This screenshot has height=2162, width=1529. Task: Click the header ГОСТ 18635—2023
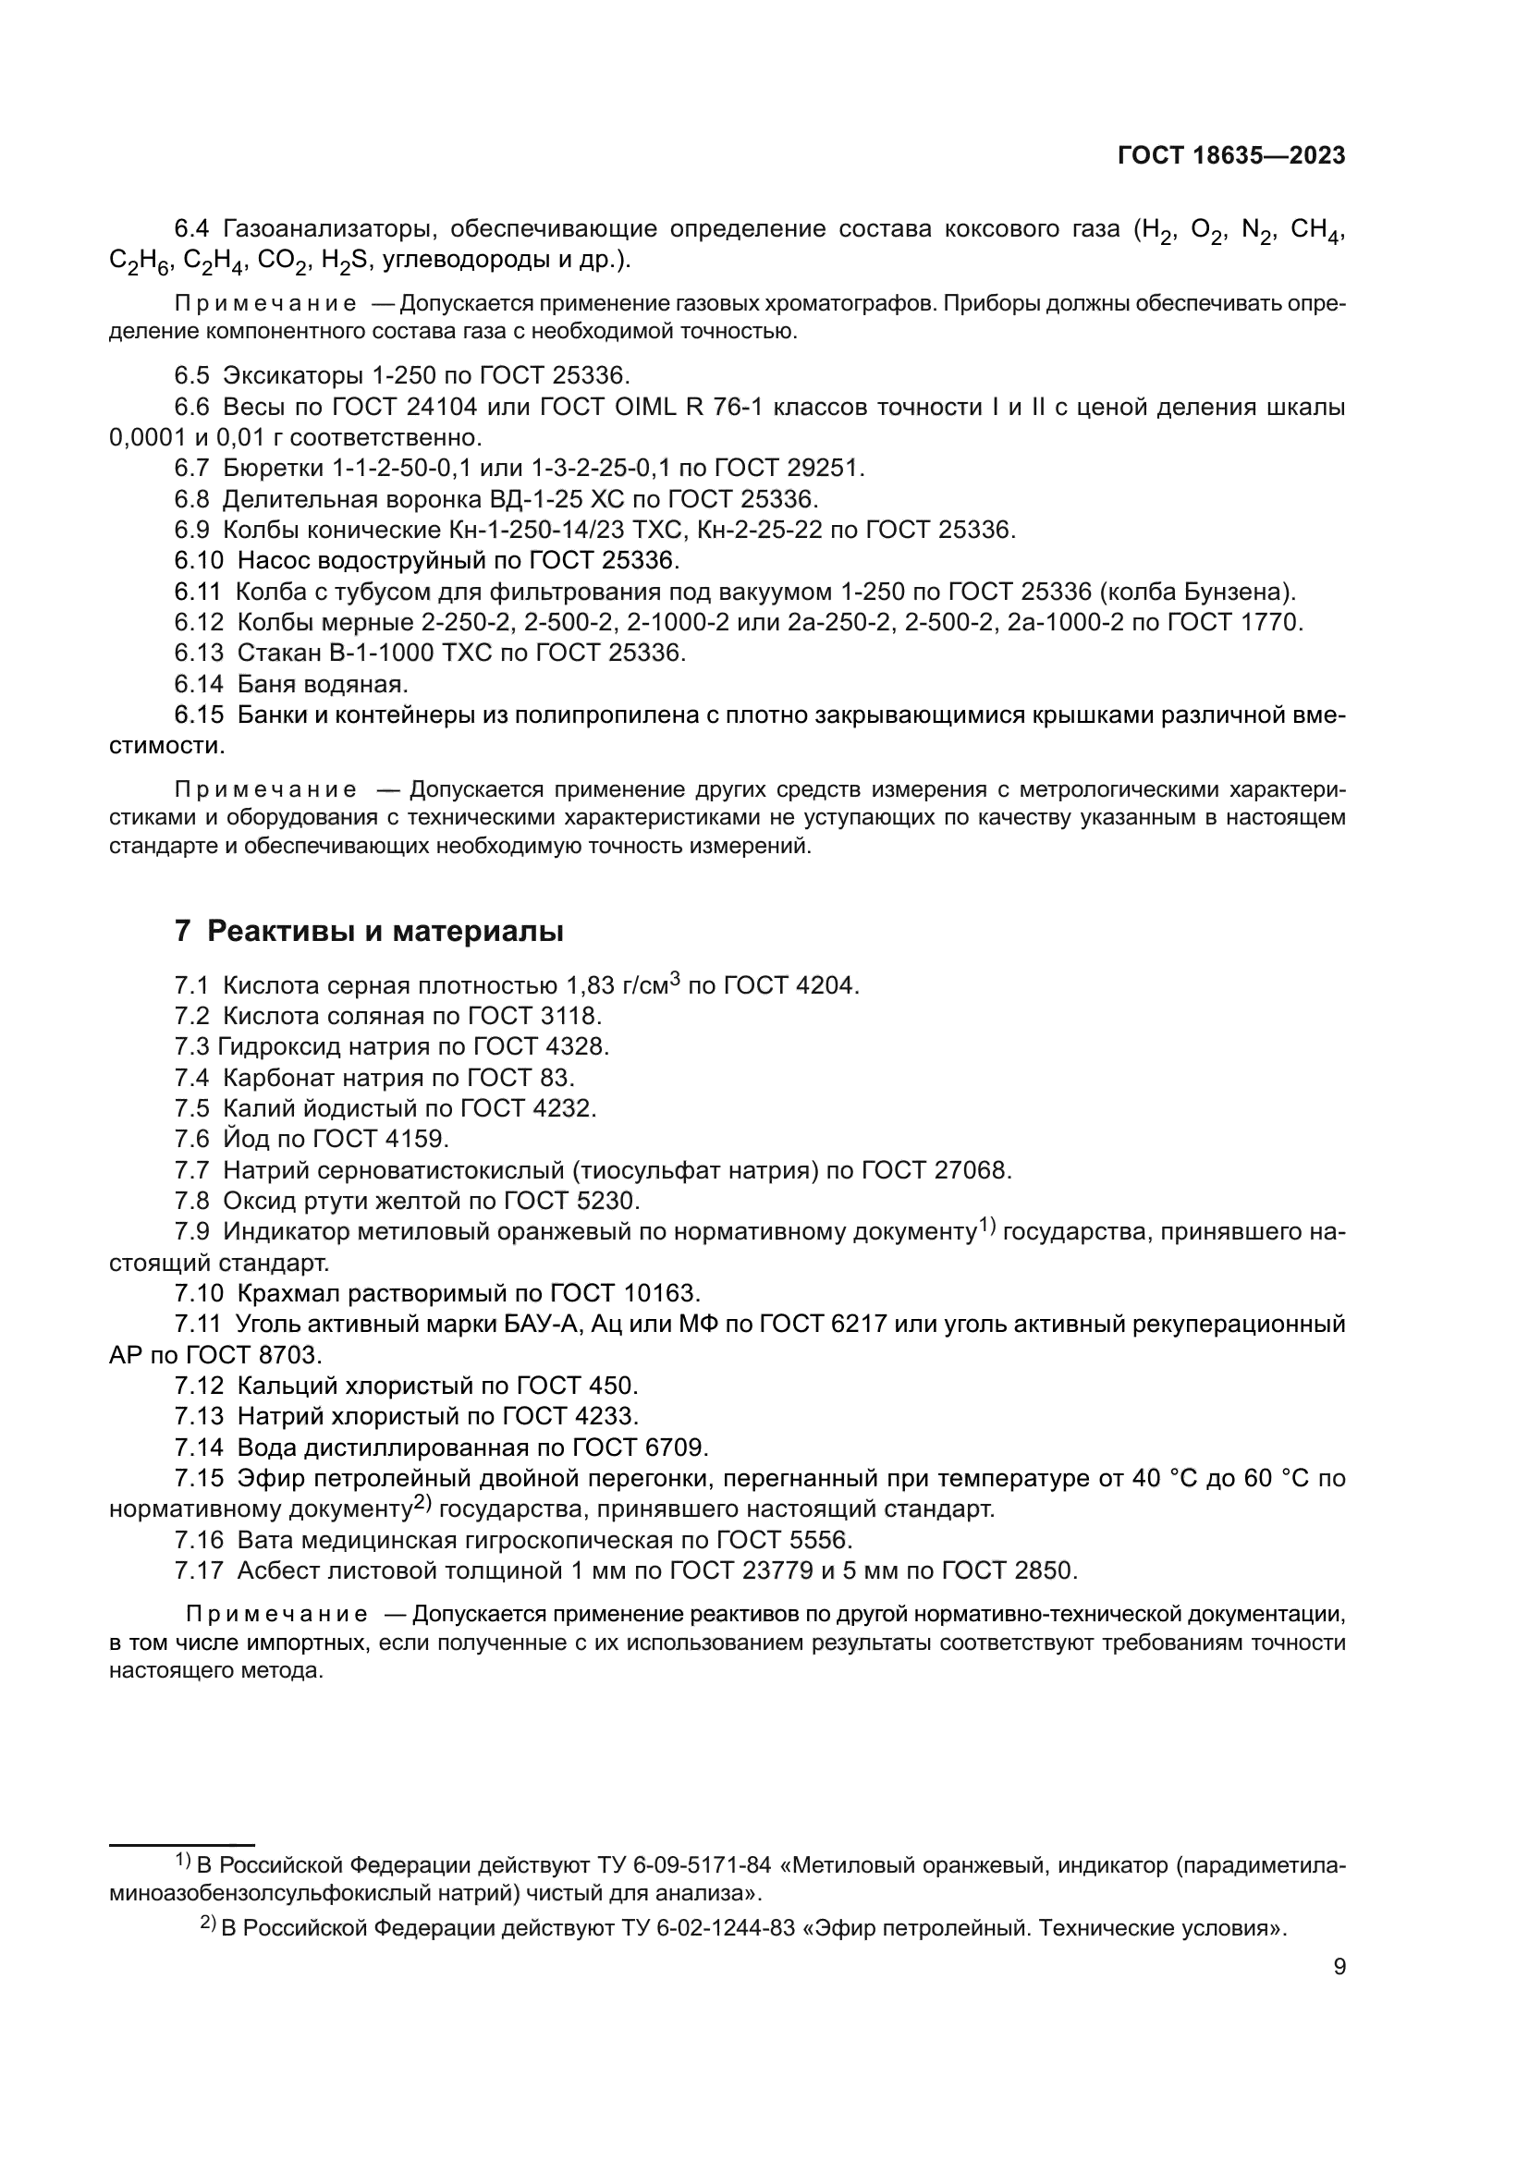(1230, 156)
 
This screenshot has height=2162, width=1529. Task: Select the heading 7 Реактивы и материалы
(369, 932)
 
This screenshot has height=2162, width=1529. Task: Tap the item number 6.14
(199, 684)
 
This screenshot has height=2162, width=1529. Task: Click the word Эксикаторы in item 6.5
(293, 375)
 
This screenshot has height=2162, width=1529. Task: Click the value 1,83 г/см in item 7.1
(617, 986)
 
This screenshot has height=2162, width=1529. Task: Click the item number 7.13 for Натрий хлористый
(199, 1416)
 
